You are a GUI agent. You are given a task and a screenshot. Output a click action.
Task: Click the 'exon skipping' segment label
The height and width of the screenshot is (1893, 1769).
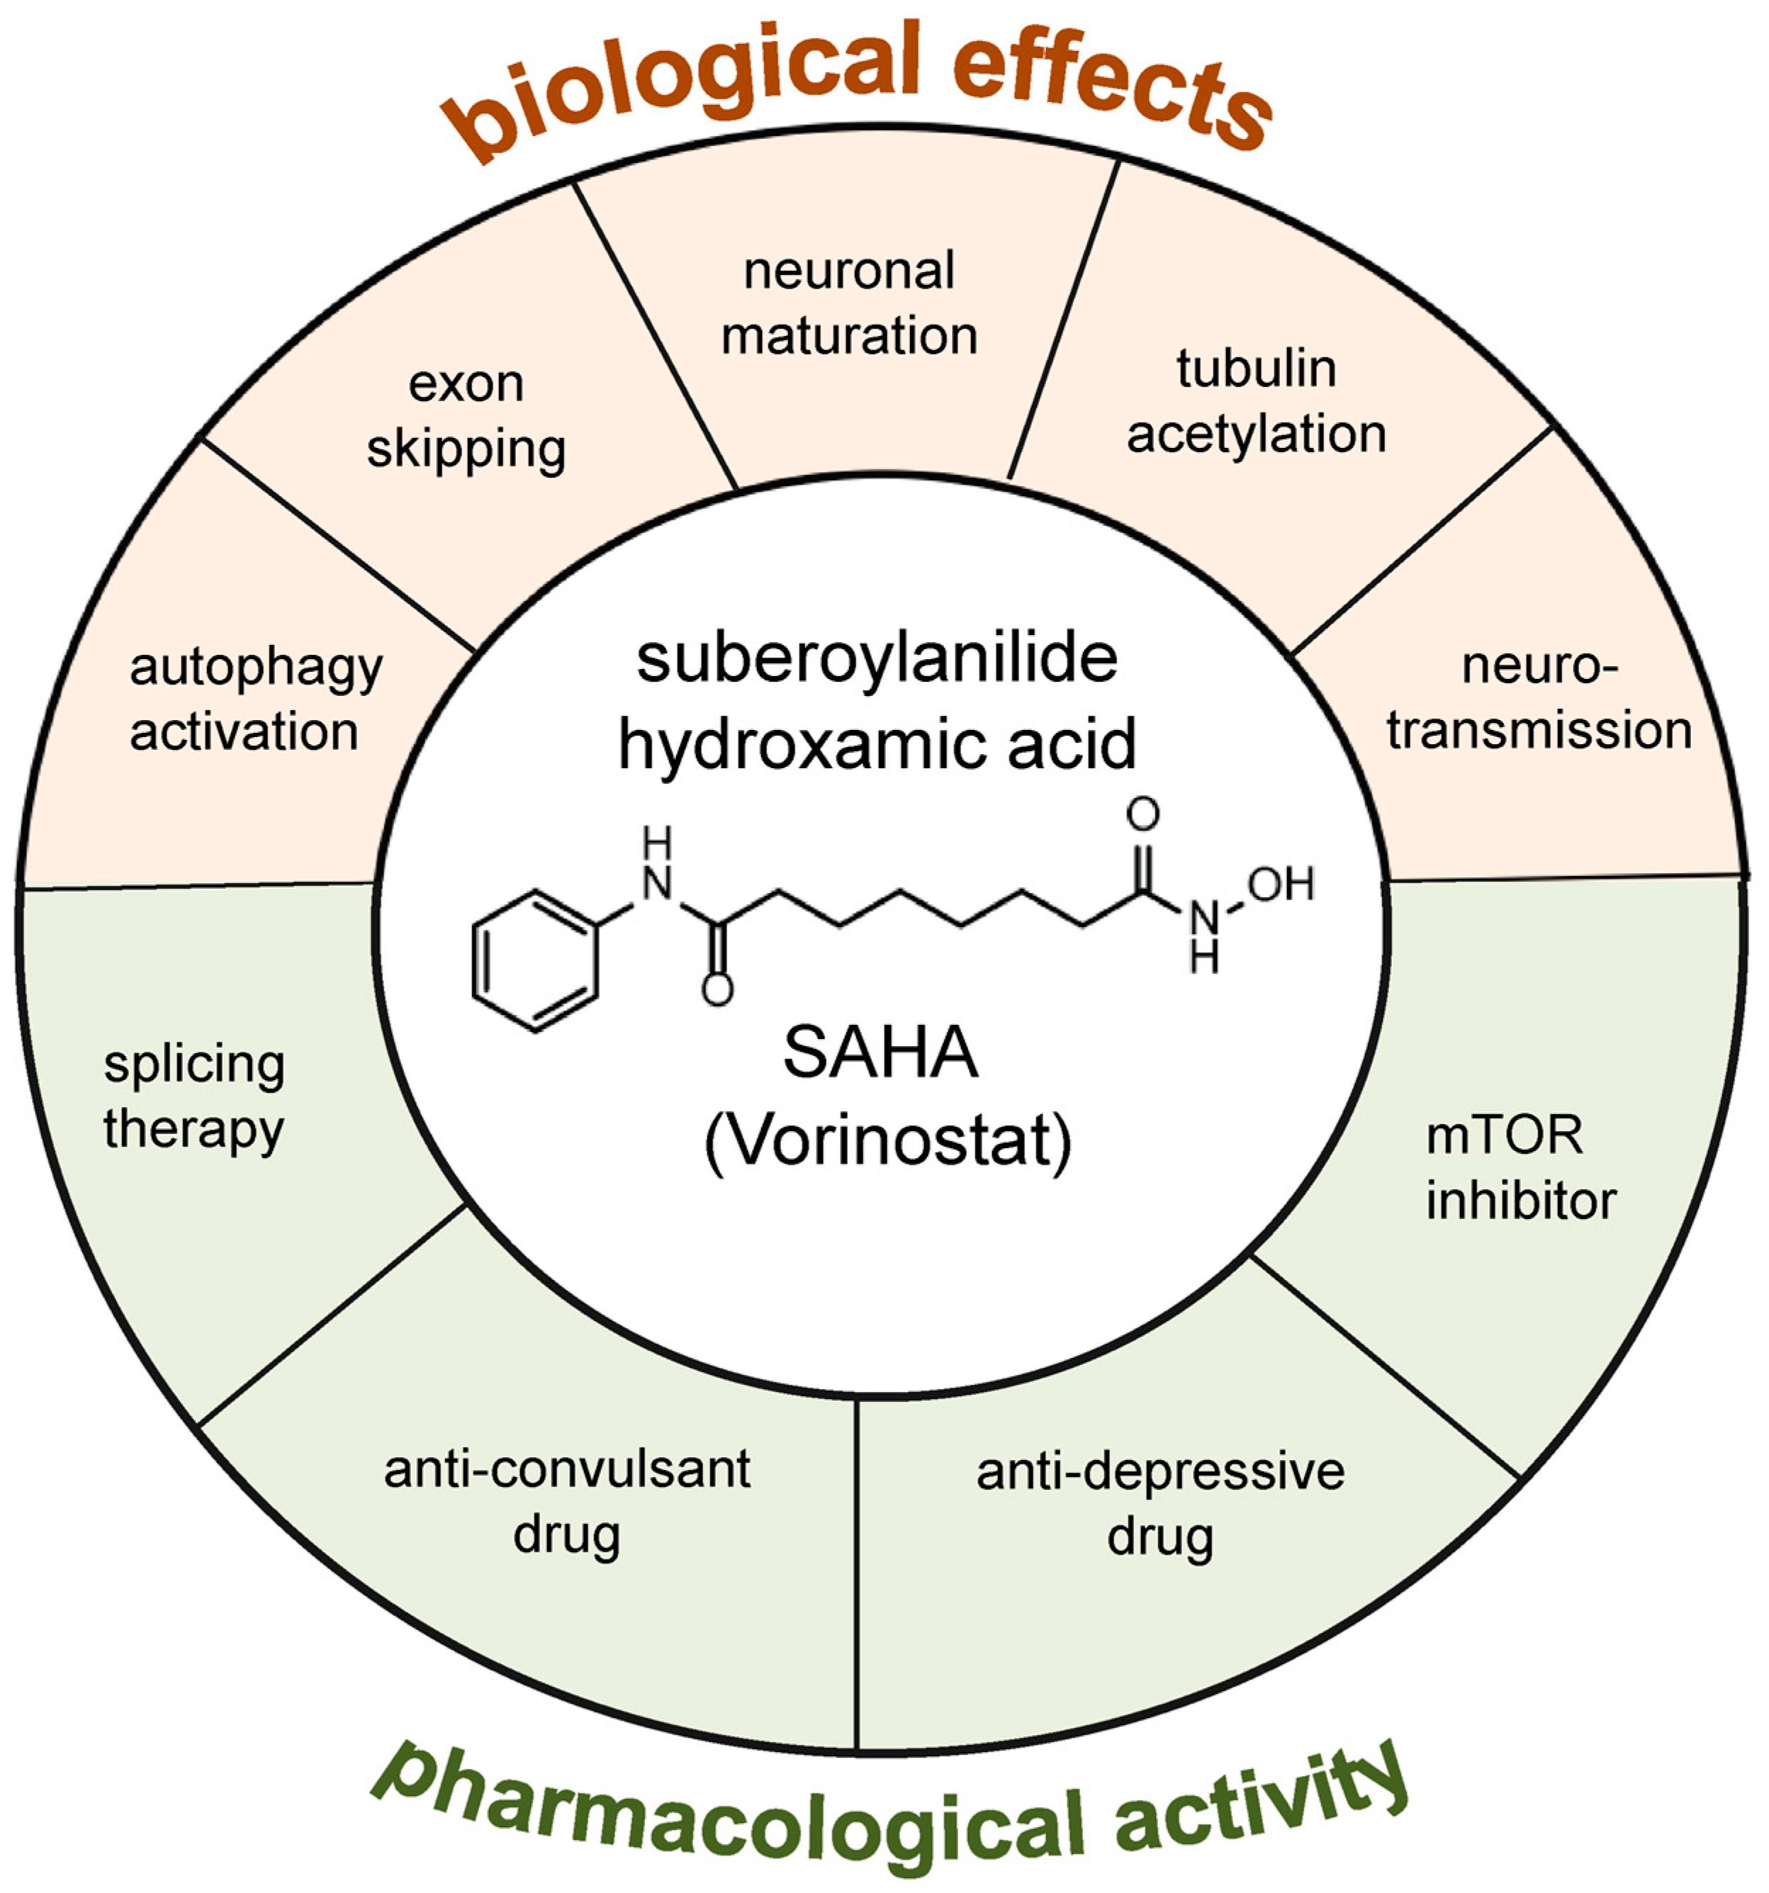[466, 416]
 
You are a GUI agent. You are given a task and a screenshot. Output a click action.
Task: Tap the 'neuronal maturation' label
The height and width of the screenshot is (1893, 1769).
[848, 303]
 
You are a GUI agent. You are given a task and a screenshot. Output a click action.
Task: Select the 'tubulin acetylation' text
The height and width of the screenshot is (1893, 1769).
[1256, 401]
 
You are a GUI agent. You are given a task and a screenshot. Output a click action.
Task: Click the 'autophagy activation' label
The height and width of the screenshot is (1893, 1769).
[254, 700]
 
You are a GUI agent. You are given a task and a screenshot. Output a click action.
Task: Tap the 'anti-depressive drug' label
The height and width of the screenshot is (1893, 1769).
[1159, 1503]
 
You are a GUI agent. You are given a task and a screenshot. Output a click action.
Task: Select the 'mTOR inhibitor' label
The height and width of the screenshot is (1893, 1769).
[1520, 1167]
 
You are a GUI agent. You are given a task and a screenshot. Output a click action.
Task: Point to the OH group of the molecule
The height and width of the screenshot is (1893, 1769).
[1281, 884]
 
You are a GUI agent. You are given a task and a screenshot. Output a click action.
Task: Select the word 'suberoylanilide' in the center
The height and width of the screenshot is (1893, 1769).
[877, 659]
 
